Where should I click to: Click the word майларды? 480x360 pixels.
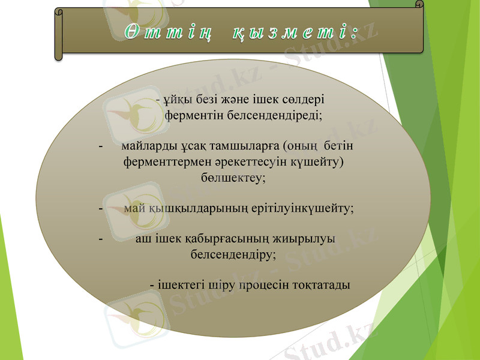(148, 146)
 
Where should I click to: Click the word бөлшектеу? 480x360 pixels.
(232, 178)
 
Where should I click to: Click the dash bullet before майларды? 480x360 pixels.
(100, 146)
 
